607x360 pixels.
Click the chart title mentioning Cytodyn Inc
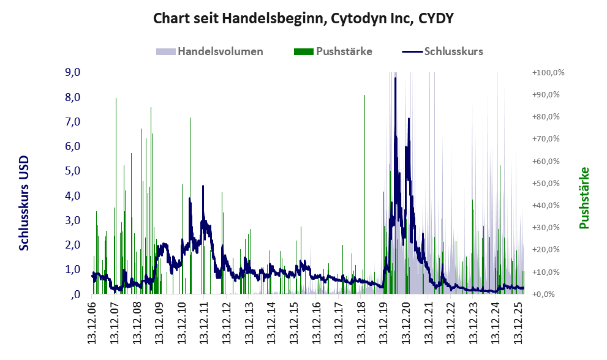coord(303,18)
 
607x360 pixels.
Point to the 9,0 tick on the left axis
coord(72,73)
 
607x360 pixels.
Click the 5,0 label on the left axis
coord(72,171)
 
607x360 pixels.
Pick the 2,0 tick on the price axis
coord(72,245)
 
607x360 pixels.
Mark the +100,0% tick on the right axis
coord(548,73)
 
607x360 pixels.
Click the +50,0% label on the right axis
coord(548,184)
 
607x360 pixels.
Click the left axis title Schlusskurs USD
coord(25,203)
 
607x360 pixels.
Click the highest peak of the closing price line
coord(396,78)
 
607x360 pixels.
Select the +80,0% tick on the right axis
coord(548,117)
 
